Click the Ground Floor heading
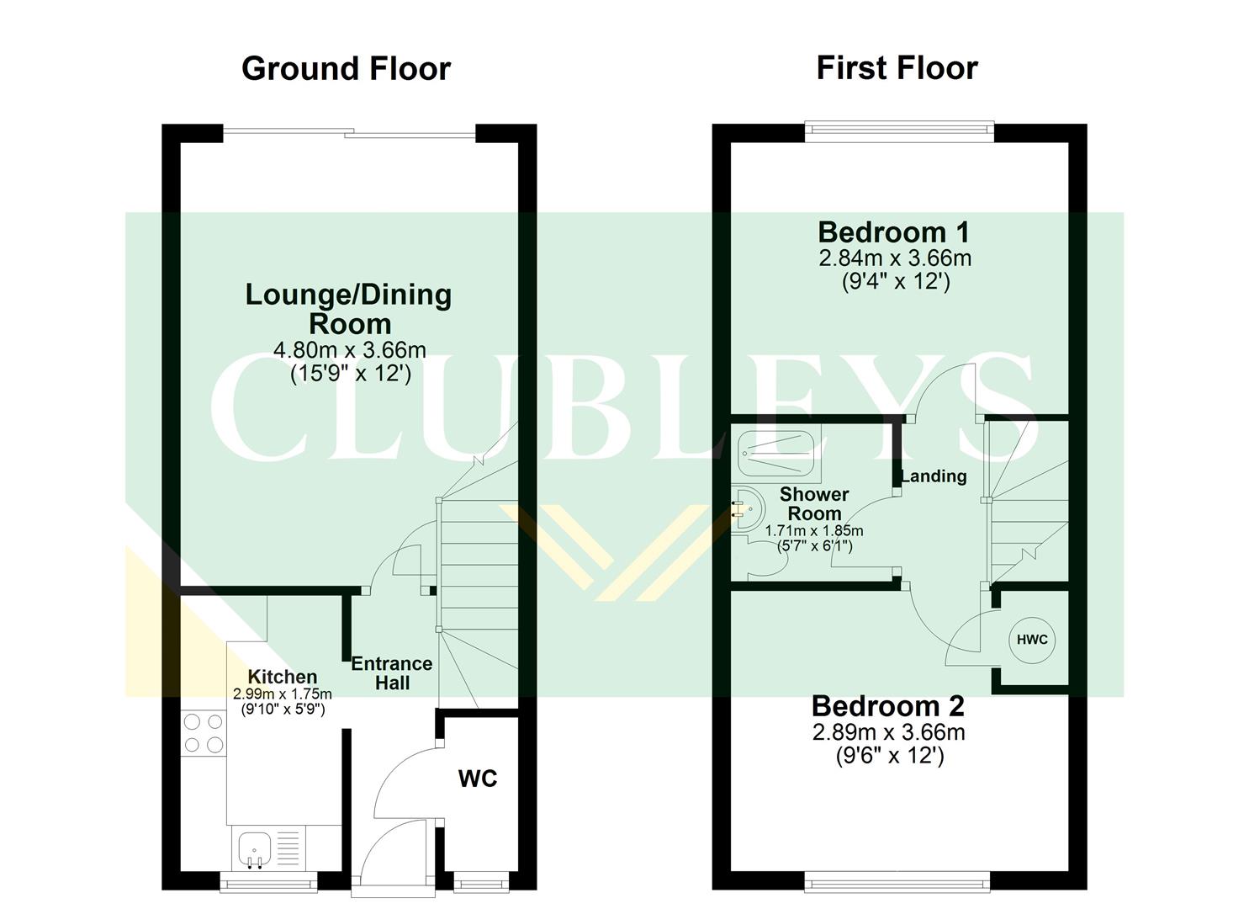pos(346,68)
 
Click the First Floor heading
pos(897,67)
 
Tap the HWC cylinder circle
pos(1032,640)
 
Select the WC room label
pos(478,779)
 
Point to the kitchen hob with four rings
pos(204,732)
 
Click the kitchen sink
pos(253,848)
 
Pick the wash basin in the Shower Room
pos(747,509)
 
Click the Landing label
pos(934,476)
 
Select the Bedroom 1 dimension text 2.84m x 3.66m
pos(895,258)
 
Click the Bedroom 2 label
pos(887,705)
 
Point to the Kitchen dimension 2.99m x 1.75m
pos(283,694)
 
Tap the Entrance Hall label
pos(392,672)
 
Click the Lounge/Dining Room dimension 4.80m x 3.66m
pos(350,349)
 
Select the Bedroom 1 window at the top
pos(899,128)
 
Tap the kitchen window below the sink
pos(268,883)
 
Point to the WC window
pos(481,883)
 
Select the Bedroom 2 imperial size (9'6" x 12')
pos(889,756)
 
